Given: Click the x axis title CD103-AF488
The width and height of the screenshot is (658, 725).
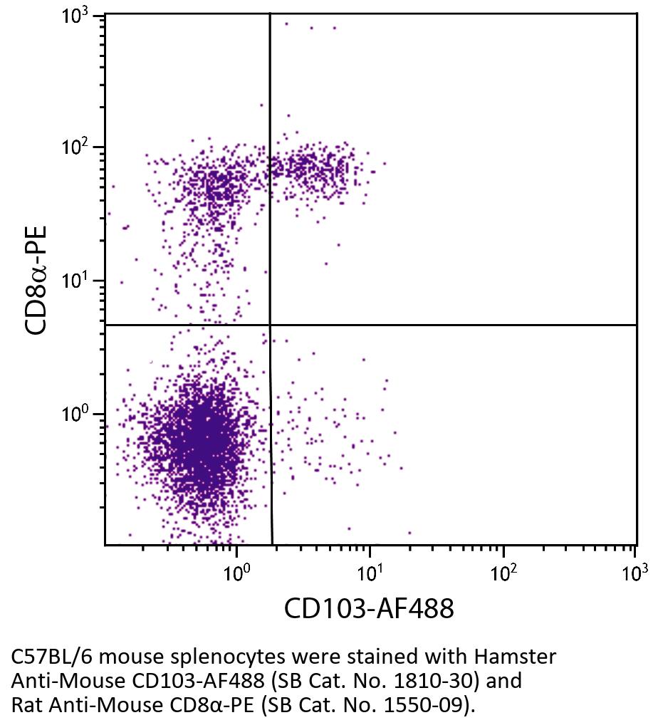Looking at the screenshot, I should pyautogui.click(x=369, y=609).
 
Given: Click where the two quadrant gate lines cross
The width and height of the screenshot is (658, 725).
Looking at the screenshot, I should pyautogui.click(x=270, y=325).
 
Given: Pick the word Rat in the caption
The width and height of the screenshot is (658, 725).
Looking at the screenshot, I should pyautogui.click(x=26, y=705).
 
